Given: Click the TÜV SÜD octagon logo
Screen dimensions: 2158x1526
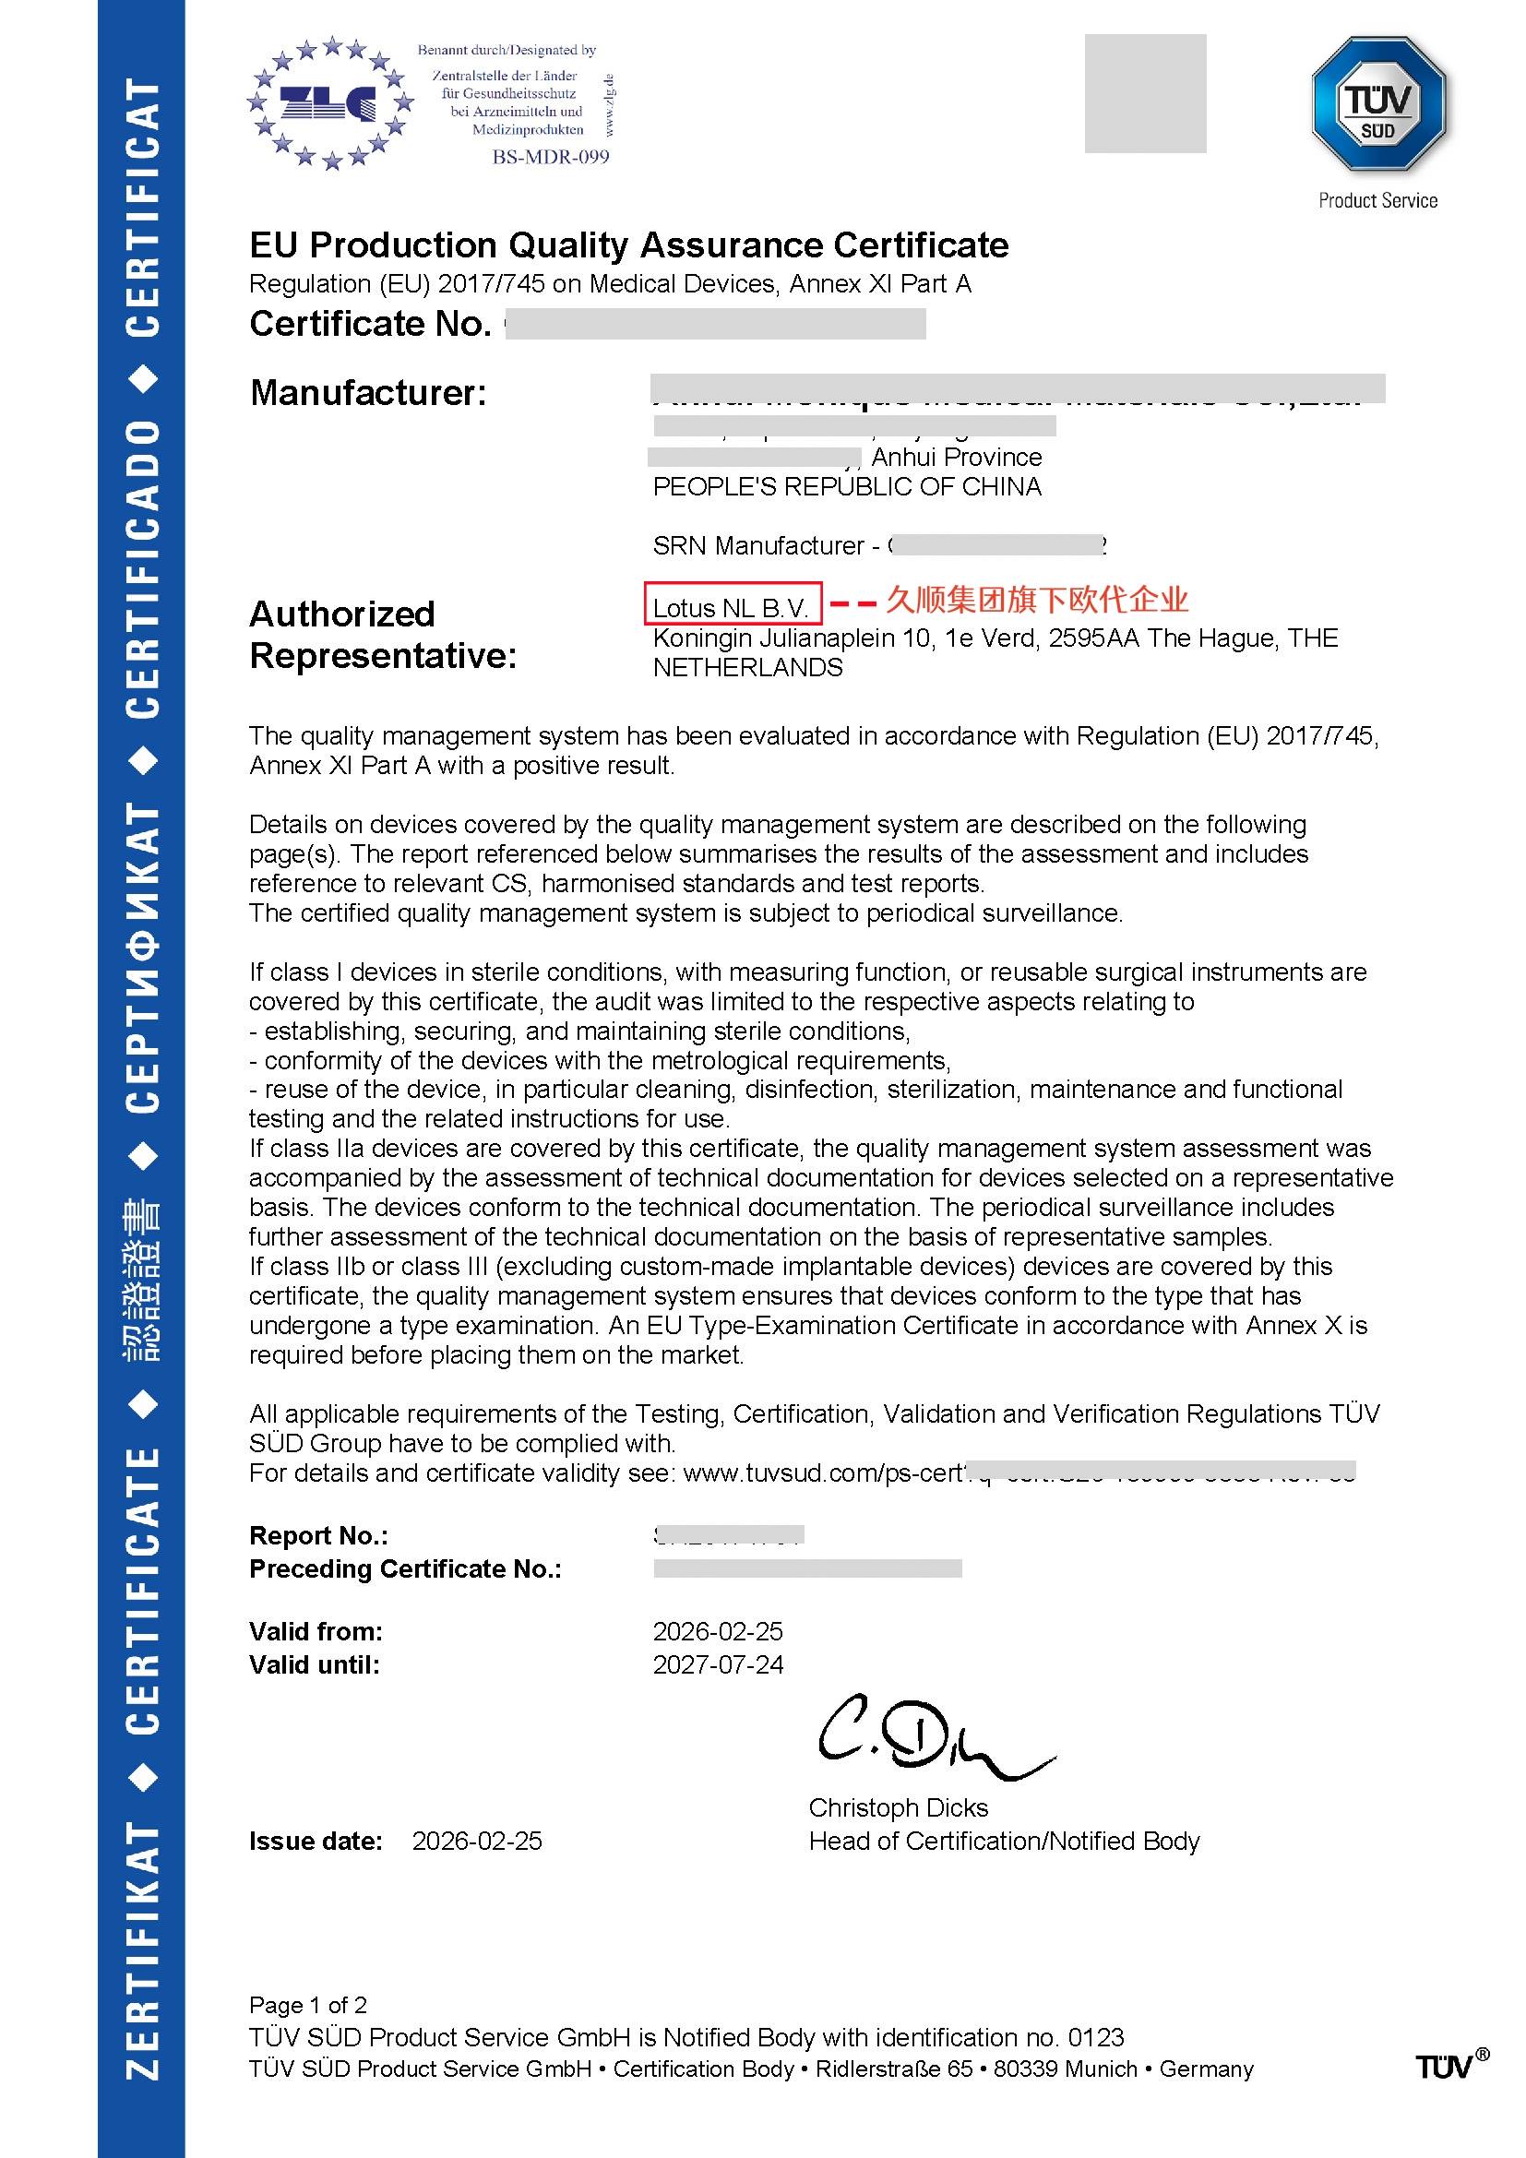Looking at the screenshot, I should click(x=1377, y=105).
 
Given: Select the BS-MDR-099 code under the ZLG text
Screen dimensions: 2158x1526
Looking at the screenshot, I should click(x=551, y=157).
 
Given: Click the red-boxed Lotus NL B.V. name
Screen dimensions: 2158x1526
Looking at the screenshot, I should click(x=732, y=607).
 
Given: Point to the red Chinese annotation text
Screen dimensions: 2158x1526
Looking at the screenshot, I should click(x=1037, y=600).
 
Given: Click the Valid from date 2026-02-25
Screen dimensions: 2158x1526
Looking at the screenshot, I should click(x=718, y=1630).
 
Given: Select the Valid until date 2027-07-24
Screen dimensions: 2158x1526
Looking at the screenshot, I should click(x=718, y=1664).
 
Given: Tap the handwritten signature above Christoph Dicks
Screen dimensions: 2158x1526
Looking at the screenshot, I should click(x=930, y=1741).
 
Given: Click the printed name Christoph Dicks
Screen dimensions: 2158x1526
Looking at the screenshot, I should click(x=899, y=1807).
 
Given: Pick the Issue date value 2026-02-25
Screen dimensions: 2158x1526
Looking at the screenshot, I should click(x=477, y=1841).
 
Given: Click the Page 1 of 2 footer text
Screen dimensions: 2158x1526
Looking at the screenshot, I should click(x=308, y=2005).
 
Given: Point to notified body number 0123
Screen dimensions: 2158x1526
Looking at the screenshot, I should click(x=1096, y=2037).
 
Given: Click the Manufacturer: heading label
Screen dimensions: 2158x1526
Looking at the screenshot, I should click(x=368, y=393).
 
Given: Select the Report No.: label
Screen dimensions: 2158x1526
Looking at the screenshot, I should click(x=318, y=1536).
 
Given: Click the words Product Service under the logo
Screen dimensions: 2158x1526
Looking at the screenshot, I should click(x=1377, y=200).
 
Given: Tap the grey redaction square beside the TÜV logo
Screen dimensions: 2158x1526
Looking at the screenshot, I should click(x=1144, y=93).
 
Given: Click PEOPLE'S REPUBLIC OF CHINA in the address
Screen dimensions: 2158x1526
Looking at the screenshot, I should click(x=847, y=487).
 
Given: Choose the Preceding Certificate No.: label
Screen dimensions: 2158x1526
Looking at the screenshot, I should click(x=405, y=1568).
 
